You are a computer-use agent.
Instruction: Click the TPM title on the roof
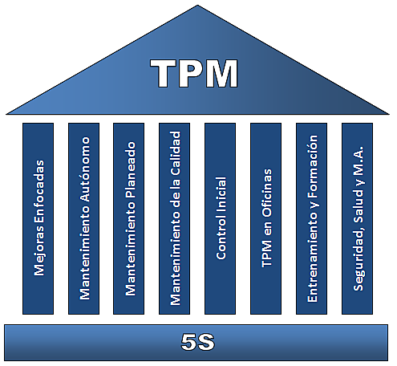pyautogui.click(x=196, y=74)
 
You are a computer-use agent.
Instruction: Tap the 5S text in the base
pyautogui.click(x=197, y=341)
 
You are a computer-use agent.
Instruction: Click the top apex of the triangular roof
pyautogui.click(x=197, y=6)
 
